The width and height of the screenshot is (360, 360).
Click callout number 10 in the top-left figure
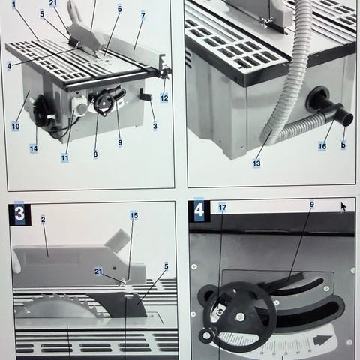click(16, 126)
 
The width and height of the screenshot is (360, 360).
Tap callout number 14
click(34, 148)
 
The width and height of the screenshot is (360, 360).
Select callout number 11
click(64, 158)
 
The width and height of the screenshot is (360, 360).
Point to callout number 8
click(95, 154)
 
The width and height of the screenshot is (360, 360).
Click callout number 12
click(164, 97)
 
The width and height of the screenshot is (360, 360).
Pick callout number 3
click(155, 126)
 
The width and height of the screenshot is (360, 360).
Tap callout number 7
click(142, 16)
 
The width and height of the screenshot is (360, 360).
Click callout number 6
click(120, 9)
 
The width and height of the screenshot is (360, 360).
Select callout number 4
click(9, 66)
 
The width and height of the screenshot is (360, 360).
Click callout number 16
click(322, 146)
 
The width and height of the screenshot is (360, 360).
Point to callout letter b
click(343, 145)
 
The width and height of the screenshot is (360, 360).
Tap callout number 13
click(256, 163)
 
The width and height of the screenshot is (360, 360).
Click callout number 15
click(134, 215)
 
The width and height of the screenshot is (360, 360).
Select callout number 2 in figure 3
click(43, 220)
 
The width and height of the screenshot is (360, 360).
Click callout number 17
click(222, 208)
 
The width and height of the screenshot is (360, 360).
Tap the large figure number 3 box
click(19, 214)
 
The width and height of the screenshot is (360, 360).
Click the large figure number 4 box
click(199, 211)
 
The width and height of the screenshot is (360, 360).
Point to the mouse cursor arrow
click(343, 206)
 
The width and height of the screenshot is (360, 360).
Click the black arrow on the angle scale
click(322, 340)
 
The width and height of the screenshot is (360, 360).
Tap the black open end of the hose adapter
click(347, 120)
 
